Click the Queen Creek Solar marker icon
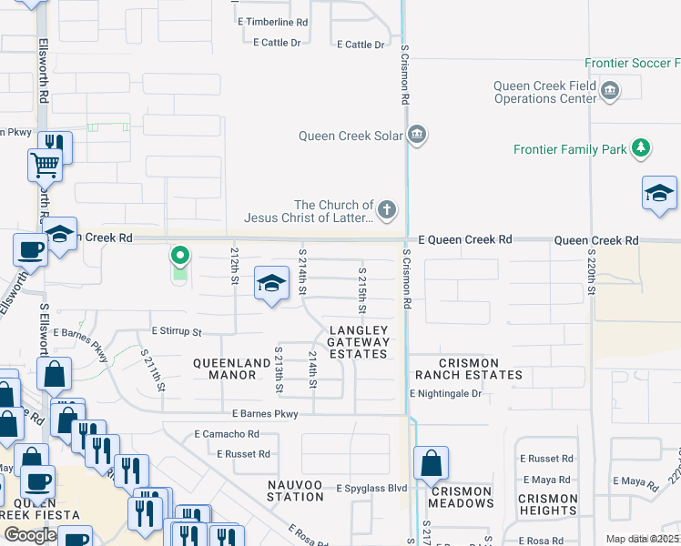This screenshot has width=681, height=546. [417, 136]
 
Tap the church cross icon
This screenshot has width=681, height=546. [387, 211]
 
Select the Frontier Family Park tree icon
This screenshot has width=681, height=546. [641, 147]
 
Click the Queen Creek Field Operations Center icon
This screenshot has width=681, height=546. [610, 90]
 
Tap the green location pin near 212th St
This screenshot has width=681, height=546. [180, 257]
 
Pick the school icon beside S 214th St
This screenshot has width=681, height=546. [271, 284]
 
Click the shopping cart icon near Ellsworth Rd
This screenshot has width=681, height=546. [44, 166]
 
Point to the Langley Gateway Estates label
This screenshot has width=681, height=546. [359, 342]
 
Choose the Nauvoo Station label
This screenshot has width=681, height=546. [296, 490]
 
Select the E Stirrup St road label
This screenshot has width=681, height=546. [177, 331]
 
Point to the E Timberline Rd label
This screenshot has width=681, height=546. [272, 21]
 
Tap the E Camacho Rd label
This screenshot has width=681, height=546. [227, 435]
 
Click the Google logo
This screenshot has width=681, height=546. [30, 535]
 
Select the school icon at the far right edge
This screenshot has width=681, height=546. [659, 195]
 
